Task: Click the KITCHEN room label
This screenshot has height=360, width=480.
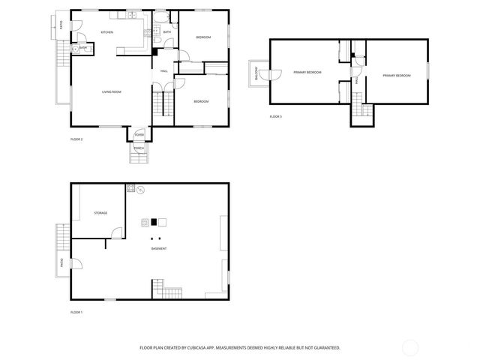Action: coord(106,32)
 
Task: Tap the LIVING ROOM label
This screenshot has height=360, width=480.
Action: coord(112,91)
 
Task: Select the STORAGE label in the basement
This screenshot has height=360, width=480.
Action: coord(100,213)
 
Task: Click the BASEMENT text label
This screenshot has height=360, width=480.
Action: coord(158,248)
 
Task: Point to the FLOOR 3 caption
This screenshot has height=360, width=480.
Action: coord(277,116)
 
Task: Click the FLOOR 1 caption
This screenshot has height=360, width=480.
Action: coord(76,311)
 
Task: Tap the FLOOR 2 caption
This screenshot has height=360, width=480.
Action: coord(76,139)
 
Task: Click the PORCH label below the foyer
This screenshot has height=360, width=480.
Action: coord(139,148)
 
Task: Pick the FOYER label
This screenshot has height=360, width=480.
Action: coord(139,134)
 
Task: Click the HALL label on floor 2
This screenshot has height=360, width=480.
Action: coord(163,71)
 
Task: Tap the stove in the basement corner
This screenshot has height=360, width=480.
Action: coord(130,189)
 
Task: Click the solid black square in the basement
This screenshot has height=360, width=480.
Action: coord(154,221)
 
